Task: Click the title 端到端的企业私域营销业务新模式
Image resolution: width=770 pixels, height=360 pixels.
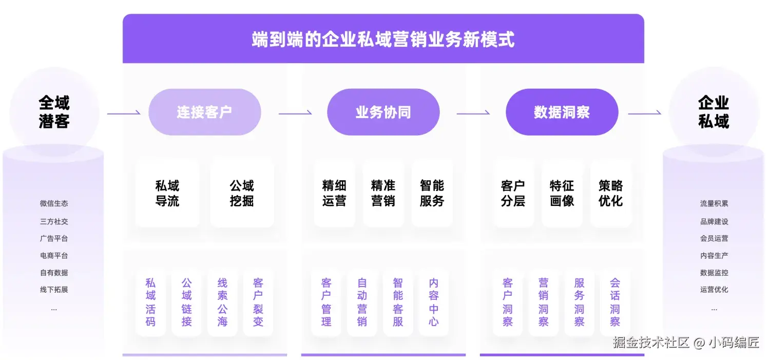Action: [x=383, y=40]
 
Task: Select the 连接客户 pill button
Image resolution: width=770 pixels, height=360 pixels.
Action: [x=204, y=112]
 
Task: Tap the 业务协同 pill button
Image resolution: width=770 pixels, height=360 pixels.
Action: [x=383, y=112]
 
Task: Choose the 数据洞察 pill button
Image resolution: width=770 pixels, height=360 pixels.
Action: [x=562, y=112]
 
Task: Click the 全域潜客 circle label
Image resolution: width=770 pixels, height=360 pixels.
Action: [x=54, y=112]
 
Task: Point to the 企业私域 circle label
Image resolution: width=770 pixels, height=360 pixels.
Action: [x=714, y=112]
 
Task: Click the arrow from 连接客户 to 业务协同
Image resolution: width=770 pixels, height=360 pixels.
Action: [x=295, y=112]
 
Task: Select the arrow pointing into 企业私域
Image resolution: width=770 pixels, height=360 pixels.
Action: [x=644, y=113]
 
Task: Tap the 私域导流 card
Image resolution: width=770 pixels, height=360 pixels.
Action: [x=167, y=193]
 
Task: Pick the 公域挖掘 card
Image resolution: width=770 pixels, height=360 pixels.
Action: [x=242, y=193]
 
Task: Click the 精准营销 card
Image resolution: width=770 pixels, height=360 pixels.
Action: [x=383, y=193]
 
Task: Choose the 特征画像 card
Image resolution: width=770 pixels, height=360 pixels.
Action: [x=562, y=193]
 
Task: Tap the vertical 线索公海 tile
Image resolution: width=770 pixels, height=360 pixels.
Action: [x=222, y=302]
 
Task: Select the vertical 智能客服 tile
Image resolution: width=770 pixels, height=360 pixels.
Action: [x=398, y=302]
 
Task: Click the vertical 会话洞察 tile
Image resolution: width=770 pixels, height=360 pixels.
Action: [x=615, y=302]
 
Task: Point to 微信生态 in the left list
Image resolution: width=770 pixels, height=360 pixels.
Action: [x=54, y=203]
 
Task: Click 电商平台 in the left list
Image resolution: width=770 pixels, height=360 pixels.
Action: [x=54, y=255]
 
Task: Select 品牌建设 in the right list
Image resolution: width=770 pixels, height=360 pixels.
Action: [x=714, y=221]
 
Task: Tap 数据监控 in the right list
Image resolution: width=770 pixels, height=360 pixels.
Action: [x=714, y=273]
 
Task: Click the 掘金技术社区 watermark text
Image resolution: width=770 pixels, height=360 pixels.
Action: [x=651, y=343]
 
